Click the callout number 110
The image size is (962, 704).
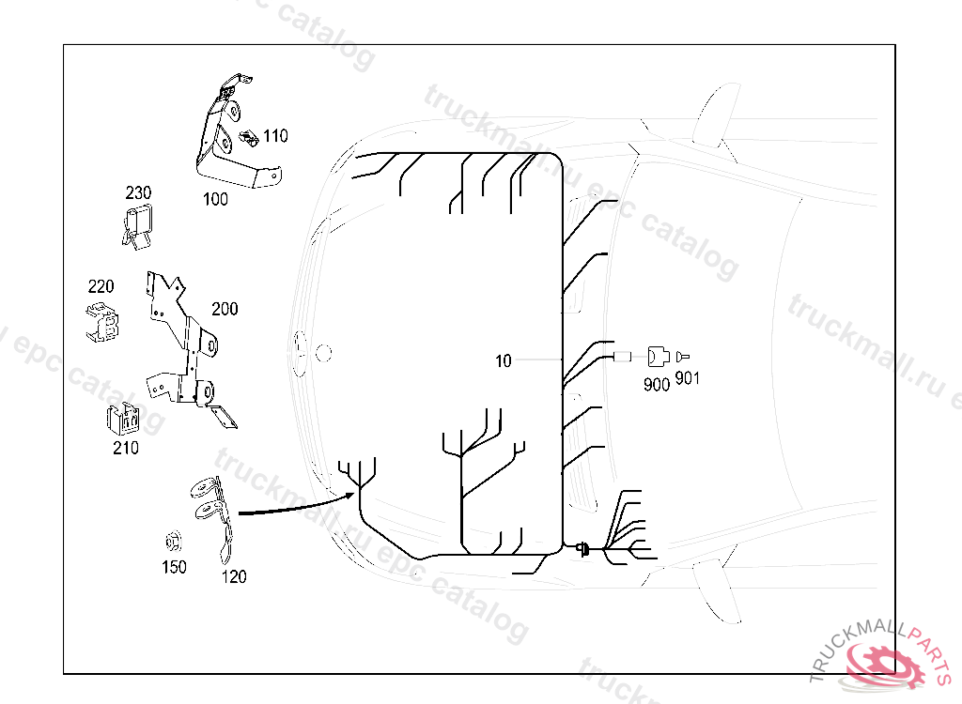pos(275,135)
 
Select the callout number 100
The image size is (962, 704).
pos(215,199)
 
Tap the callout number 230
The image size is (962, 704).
pos(138,192)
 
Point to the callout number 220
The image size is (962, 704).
pos(101,286)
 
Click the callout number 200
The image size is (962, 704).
pos(225,309)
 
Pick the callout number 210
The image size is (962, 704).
pos(126,448)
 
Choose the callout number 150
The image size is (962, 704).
pos(174,567)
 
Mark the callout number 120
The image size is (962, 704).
pos(234,576)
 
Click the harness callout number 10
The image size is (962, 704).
pos(504,361)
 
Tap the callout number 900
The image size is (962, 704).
pos(656,385)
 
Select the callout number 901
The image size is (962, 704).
pos(687,378)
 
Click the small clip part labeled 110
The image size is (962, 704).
pos(249,139)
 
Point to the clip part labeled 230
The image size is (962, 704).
pos(137,226)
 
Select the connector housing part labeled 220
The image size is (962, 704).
pos(102,321)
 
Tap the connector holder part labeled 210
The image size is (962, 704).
pos(123,421)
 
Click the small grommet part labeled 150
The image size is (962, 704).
pos(174,543)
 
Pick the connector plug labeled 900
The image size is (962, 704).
pos(658,357)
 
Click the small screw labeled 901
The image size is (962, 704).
pos(682,357)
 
